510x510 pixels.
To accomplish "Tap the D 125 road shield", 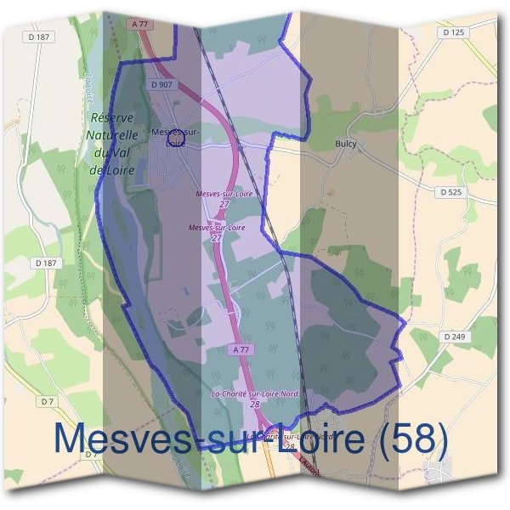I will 455,32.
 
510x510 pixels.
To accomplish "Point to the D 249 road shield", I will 455,337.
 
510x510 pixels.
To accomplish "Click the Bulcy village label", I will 346,144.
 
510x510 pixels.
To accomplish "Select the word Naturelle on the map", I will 111,134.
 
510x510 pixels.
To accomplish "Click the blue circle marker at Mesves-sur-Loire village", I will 176,137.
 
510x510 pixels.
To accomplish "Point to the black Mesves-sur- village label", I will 173,132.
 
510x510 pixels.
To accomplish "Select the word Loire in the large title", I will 315,439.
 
